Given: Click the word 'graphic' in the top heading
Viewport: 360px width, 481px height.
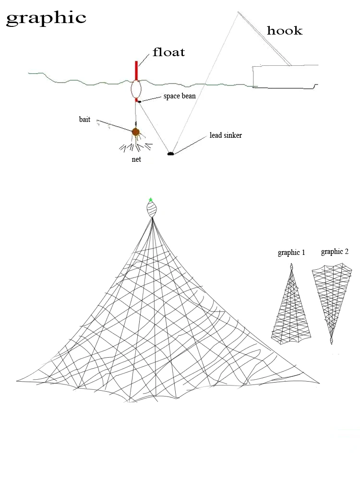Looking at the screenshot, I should tap(46, 18).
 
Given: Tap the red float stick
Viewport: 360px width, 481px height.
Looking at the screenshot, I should tap(136, 71).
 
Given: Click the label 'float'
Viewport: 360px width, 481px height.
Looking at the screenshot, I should tap(168, 52).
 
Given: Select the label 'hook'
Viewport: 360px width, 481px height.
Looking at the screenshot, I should tap(285, 31).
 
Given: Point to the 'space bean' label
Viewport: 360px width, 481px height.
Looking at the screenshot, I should tap(180, 96).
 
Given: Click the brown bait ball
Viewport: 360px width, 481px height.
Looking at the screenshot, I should tap(136, 131).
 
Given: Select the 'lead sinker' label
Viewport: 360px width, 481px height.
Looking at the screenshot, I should tap(226, 135).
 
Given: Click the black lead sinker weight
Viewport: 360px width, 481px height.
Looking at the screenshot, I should tap(170, 154).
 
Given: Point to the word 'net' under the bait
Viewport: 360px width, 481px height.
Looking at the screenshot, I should tap(136, 159).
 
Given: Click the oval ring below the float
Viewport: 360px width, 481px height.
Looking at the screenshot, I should tap(136, 89).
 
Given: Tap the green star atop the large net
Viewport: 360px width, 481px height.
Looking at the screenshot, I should tap(151, 200).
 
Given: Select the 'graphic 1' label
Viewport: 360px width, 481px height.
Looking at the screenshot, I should tap(291, 253).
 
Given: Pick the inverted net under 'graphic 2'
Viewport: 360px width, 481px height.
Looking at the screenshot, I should tap(331, 298).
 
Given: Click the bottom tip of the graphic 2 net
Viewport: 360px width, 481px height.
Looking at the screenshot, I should tap(331, 341).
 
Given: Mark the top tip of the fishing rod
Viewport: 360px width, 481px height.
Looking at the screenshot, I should tap(238, 12).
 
